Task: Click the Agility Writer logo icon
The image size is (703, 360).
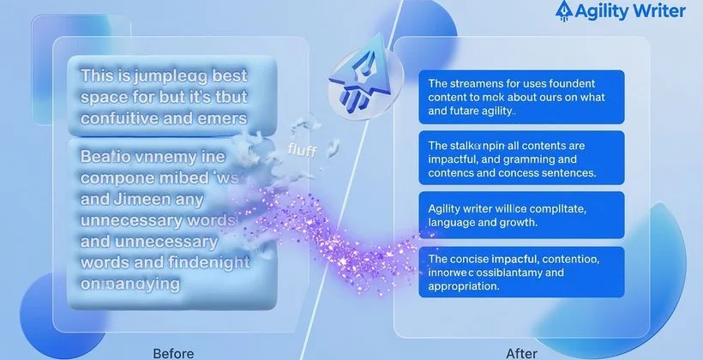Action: click(564, 10)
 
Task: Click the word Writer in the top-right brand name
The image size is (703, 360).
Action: click(655, 11)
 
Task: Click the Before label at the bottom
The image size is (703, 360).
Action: click(172, 352)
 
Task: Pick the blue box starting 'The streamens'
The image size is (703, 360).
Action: click(520, 97)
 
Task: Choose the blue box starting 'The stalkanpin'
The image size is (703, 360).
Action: click(520, 158)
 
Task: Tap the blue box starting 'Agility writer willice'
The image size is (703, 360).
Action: click(520, 214)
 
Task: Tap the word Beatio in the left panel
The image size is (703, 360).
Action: click(109, 159)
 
